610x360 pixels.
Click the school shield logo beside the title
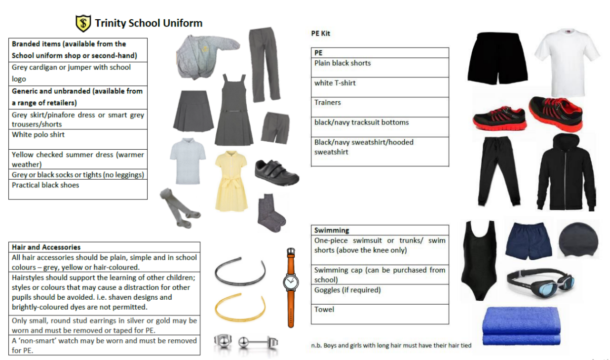click(83, 23)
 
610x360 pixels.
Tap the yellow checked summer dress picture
click(231, 181)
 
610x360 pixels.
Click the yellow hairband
click(240, 307)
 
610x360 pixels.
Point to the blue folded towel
click(521, 326)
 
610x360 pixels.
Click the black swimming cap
click(578, 240)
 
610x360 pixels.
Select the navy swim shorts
click(528, 240)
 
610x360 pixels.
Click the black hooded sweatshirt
click(566, 172)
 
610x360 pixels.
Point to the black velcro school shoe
click(276, 172)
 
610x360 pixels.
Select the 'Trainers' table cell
click(380, 107)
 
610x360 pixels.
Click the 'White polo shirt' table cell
click(78, 139)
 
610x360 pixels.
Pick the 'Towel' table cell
click(380, 314)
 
